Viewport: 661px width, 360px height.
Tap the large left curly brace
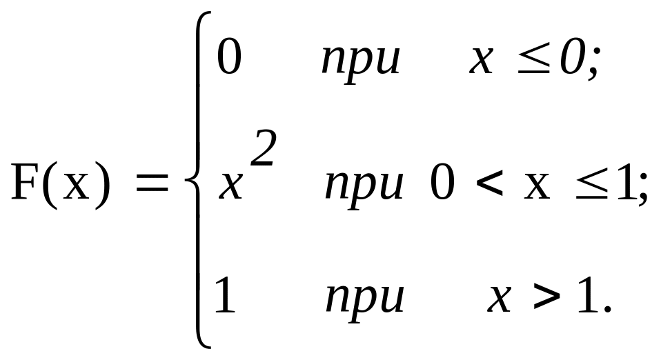tap(195, 181)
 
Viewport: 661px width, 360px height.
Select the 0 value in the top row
tap(229, 57)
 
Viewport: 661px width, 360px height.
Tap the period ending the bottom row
tap(607, 309)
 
